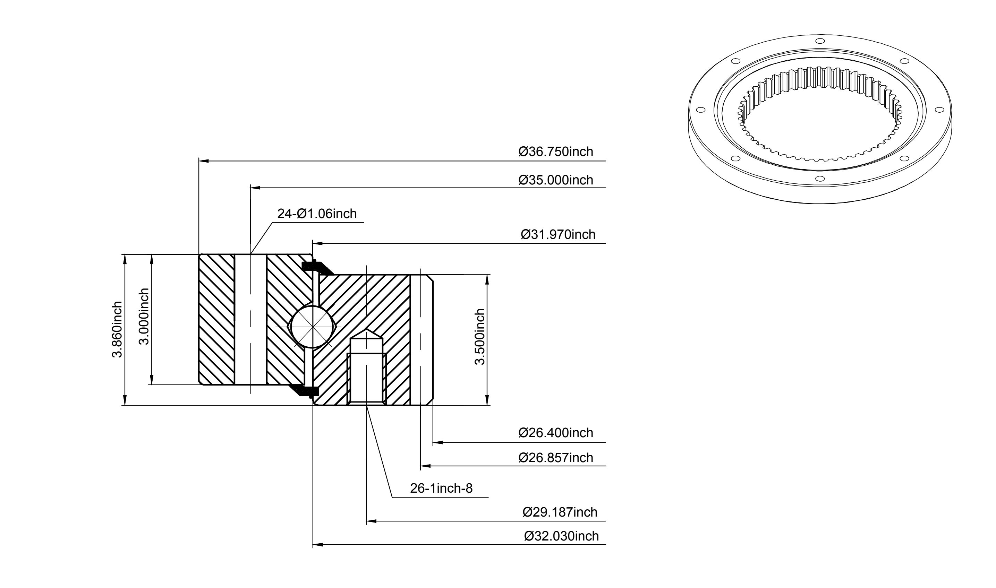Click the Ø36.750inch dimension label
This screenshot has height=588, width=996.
[555, 152]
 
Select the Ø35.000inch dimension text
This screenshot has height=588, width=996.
[555, 180]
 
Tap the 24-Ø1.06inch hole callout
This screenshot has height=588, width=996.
[317, 214]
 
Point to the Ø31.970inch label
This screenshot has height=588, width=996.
[558, 235]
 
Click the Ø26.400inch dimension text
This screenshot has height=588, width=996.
[555, 433]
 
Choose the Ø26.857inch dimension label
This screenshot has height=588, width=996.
[555, 458]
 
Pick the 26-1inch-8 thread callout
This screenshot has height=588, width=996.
[441, 488]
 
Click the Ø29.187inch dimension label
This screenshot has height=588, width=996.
[560, 512]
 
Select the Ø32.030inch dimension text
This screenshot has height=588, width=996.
[561, 536]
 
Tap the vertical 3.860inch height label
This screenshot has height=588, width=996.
[117, 330]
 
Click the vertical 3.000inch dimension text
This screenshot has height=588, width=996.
[144, 316]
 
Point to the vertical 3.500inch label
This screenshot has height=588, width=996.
[480, 337]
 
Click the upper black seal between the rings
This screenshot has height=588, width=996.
[317, 268]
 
